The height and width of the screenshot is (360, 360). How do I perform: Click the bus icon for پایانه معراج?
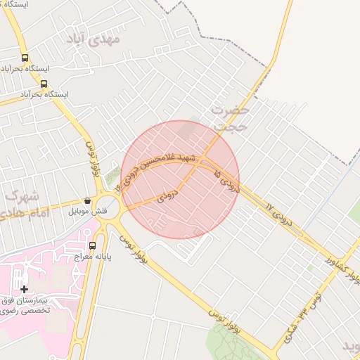[92, 245]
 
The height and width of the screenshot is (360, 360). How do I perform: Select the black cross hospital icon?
[25, 289]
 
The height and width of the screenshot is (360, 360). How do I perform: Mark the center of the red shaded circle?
[180, 180]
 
